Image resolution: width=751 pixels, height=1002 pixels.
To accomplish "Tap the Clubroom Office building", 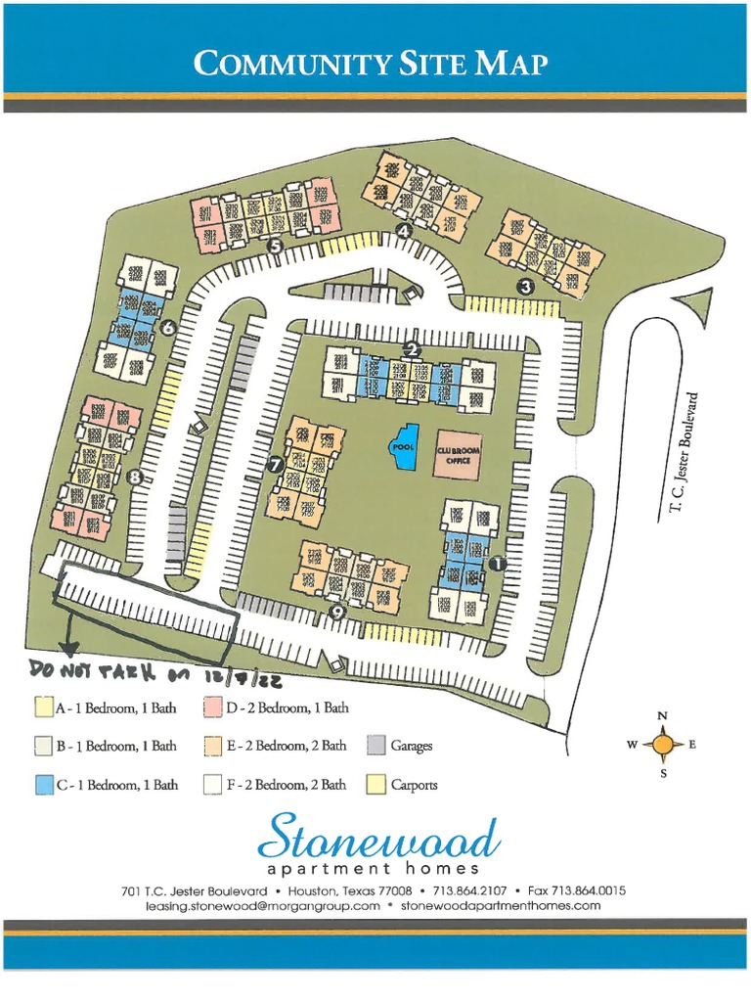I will point(458,453).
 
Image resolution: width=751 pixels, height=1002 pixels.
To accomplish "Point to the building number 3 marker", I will point(525,286).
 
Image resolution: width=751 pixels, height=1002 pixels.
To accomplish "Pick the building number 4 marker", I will point(403,231).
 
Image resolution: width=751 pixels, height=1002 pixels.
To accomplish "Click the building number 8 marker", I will point(134,478).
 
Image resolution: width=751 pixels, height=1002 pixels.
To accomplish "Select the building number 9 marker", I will point(338,613).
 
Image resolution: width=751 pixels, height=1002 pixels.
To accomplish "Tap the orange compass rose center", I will point(663,746).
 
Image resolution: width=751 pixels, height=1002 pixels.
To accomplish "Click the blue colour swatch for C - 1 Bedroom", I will point(42,784).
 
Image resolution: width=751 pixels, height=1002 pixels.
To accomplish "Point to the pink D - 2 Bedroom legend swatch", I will point(211,707).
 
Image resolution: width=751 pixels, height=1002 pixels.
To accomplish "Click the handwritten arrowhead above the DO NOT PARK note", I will point(67,647).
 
